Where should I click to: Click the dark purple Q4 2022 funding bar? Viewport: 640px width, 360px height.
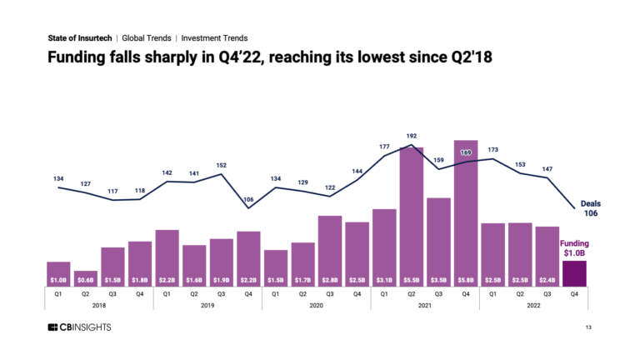coord(574,273)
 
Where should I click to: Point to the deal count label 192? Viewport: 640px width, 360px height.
coord(411,136)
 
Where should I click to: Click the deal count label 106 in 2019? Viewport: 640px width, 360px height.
coord(248,199)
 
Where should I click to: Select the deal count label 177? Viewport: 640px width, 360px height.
coord(384,147)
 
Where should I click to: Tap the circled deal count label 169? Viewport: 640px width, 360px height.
coord(466,152)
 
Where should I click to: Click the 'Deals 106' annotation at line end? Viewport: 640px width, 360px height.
coord(590,207)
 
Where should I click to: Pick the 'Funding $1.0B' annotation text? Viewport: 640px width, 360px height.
coord(573,247)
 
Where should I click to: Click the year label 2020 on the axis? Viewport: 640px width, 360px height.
coord(317,305)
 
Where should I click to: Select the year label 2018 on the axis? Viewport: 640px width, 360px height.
coord(99,305)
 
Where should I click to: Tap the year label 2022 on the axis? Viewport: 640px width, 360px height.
coord(533,305)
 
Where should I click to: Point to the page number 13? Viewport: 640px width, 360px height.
coord(589,328)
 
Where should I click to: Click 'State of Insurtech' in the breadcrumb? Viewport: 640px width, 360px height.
coord(80,37)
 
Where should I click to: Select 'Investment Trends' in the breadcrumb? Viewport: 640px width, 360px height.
coord(214,37)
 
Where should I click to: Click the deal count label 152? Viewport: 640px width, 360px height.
coord(221,165)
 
